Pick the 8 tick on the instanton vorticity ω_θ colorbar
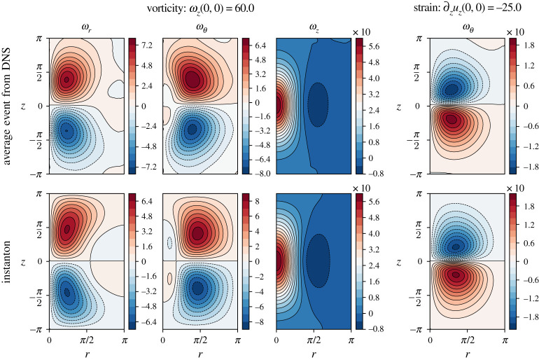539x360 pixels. [x=253, y=201]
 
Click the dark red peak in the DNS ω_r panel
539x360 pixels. [x=67, y=80]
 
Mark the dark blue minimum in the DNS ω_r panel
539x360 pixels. [x=66, y=130]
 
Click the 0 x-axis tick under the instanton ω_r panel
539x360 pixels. [x=48, y=340]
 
